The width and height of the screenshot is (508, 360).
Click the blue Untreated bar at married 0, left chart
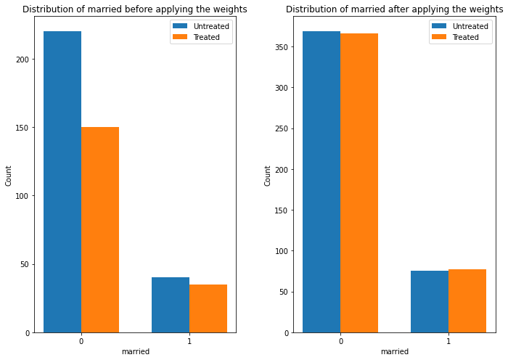point(62,181)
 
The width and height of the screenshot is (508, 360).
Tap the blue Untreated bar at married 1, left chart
point(171,305)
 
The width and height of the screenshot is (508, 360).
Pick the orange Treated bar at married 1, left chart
point(208,308)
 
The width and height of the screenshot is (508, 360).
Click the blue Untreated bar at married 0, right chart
point(321,181)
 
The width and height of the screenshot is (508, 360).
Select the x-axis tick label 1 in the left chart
point(189,340)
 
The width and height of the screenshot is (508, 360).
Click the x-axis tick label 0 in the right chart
point(340,340)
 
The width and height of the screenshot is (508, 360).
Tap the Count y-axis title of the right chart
point(268,176)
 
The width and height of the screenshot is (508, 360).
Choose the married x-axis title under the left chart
point(136,351)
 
